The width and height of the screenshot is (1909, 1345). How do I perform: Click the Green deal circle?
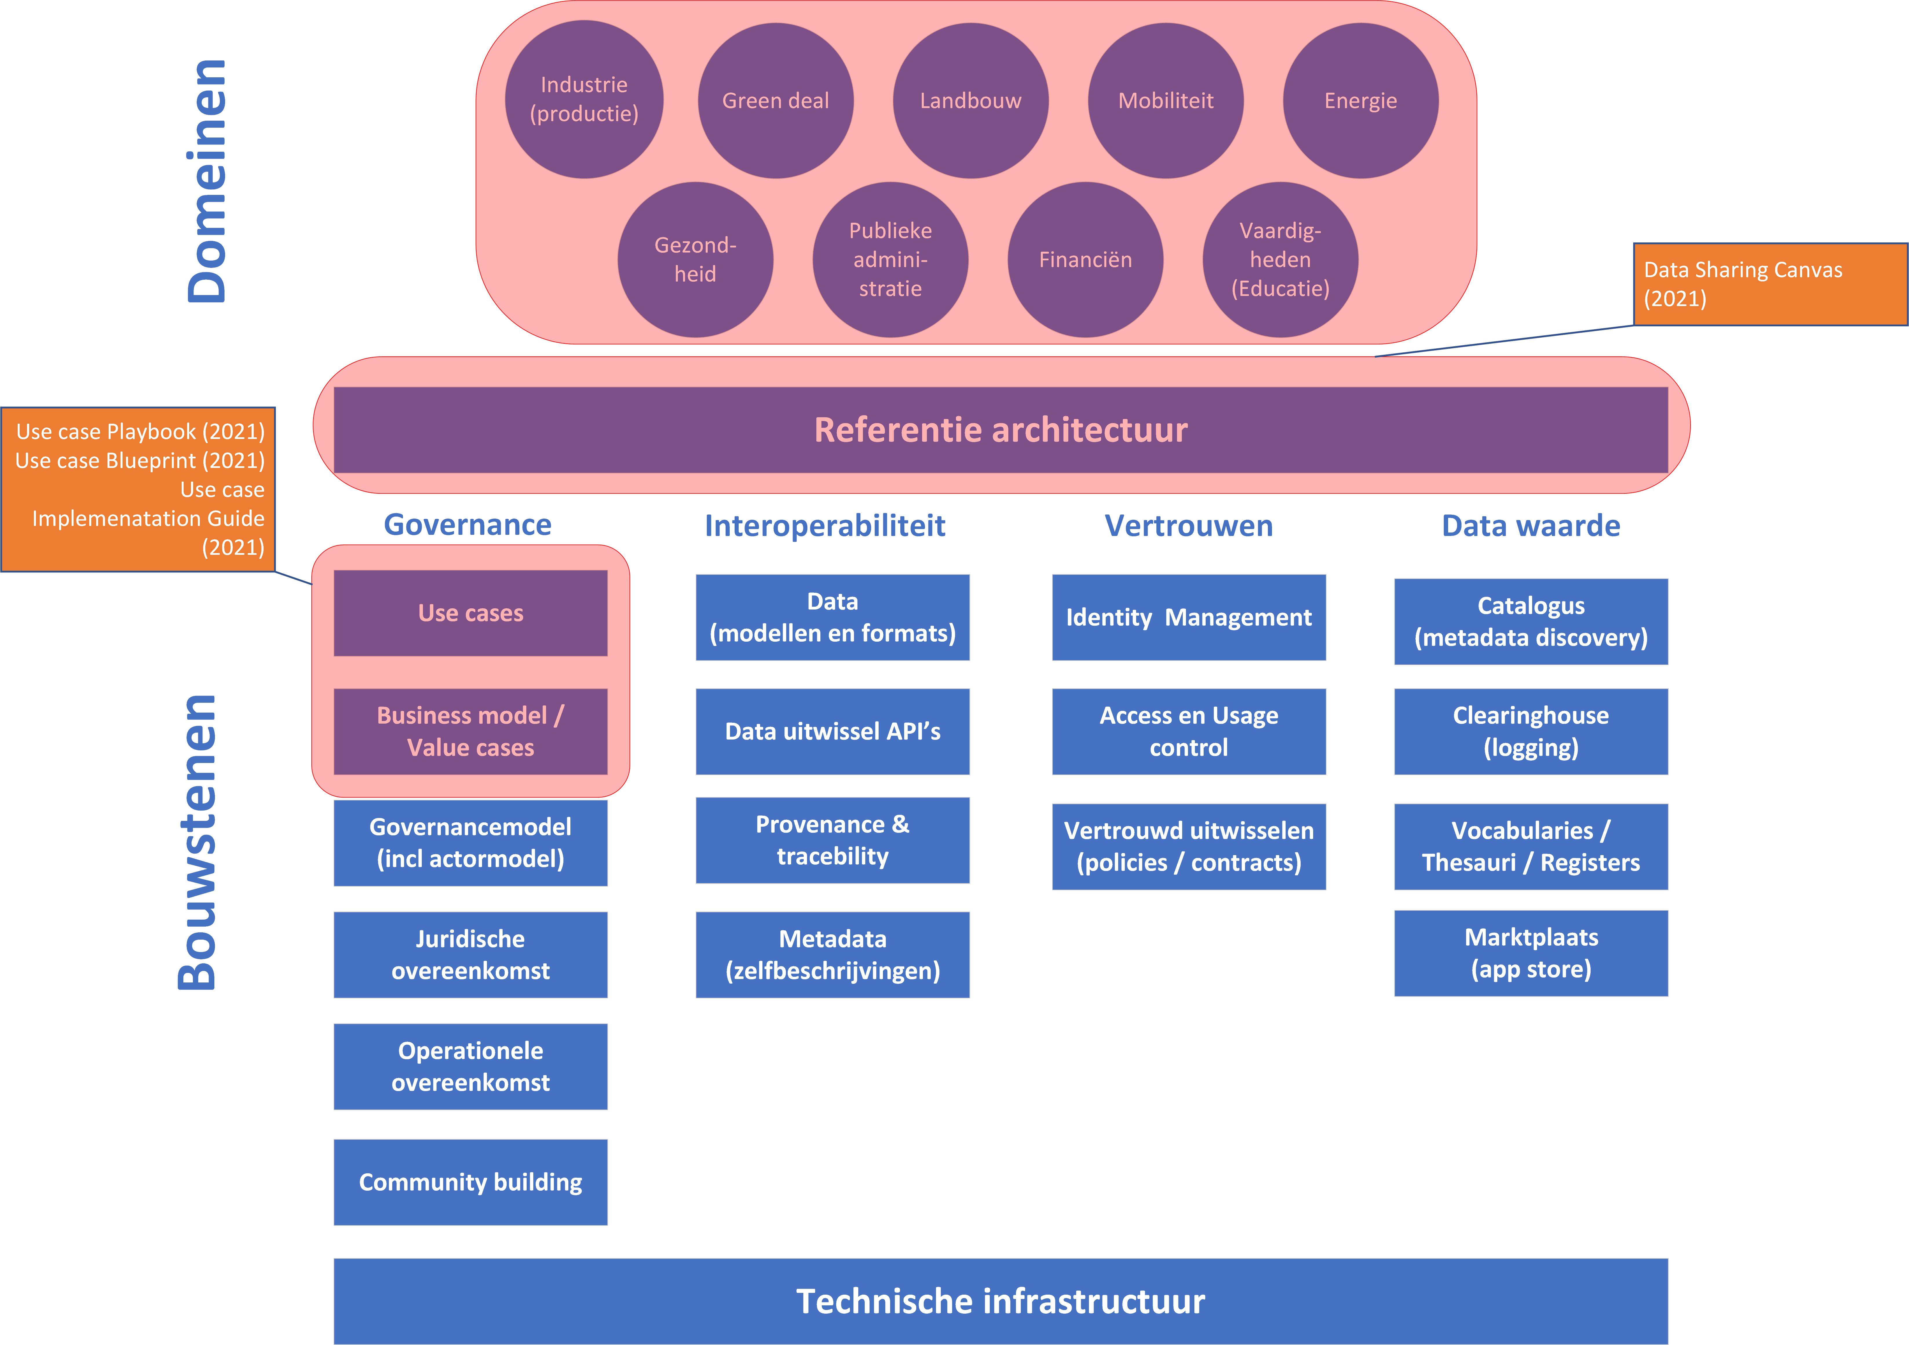(776, 100)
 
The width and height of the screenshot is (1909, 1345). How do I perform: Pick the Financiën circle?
(1085, 259)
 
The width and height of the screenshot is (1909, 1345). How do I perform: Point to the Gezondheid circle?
(695, 259)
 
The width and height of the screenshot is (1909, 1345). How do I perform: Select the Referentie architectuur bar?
(1001, 430)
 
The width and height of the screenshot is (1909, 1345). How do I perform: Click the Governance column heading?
(467, 524)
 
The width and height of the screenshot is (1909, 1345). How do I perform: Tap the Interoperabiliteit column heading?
(825, 525)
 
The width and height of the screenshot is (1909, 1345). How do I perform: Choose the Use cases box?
(471, 613)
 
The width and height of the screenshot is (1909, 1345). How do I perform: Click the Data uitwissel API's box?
(832, 731)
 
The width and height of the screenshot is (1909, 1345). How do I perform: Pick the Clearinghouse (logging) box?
(1531, 731)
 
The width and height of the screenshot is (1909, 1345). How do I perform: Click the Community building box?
(471, 1182)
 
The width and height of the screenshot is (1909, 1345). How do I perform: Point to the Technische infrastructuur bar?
(1001, 1301)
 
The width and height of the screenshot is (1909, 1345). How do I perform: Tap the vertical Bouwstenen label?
(197, 842)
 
